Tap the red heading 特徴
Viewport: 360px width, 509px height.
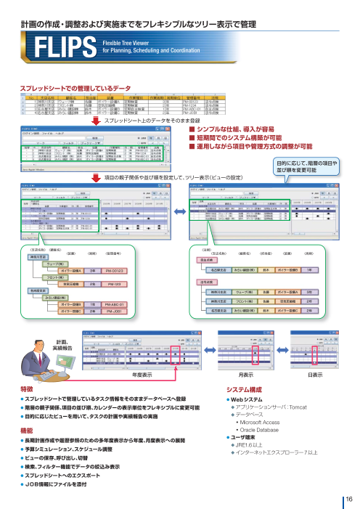[x=27, y=390]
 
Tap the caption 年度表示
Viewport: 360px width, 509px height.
[x=142, y=375]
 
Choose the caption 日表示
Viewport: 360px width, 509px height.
[x=316, y=375]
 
